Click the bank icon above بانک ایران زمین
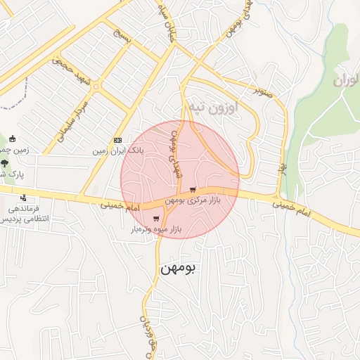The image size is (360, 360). (x=117, y=140)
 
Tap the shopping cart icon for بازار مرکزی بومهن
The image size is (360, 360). (x=193, y=190)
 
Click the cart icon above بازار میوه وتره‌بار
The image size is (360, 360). (x=155, y=219)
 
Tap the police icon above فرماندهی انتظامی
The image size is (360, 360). (x=24, y=198)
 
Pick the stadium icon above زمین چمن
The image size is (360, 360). (x=12, y=138)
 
